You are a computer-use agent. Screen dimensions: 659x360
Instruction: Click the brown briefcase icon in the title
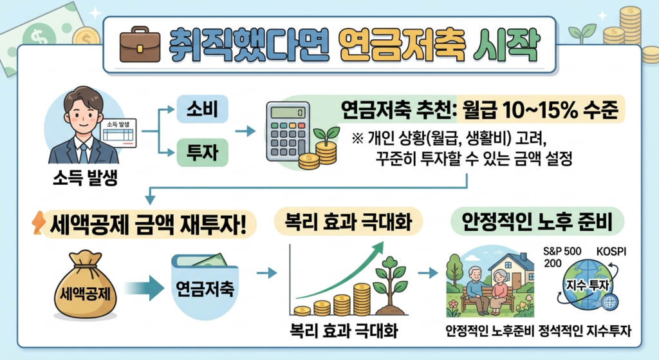[140, 44]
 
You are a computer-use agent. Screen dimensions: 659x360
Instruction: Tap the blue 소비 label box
[203, 109]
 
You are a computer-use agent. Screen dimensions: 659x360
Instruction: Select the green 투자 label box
[203, 152]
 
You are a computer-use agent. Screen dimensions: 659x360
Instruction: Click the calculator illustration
[288, 131]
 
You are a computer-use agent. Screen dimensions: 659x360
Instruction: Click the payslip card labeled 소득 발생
[118, 133]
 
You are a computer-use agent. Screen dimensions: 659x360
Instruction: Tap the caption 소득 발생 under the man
[85, 178]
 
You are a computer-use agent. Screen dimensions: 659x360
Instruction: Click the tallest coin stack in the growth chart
[362, 299]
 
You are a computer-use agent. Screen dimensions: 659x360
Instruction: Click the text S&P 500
[562, 252]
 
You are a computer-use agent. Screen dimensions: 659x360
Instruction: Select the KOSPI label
[611, 252]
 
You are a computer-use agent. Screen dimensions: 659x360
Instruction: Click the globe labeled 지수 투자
[588, 284]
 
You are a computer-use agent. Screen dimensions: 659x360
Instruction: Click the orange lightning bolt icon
[38, 222]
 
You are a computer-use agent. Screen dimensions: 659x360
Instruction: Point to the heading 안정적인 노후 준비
[537, 222]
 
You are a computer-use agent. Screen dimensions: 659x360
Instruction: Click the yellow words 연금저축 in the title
[401, 46]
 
